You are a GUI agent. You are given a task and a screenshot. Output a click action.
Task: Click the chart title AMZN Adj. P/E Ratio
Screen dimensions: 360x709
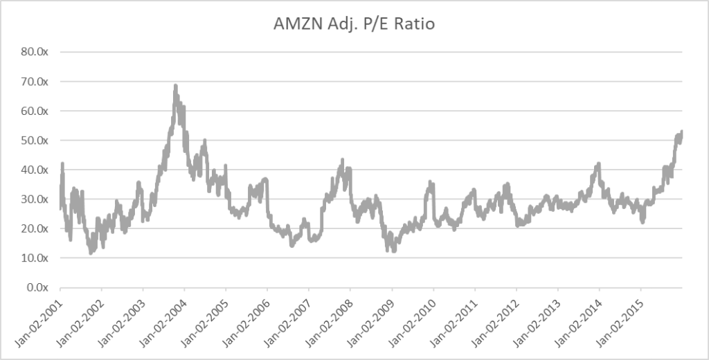pyautogui.click(x=354, y=24)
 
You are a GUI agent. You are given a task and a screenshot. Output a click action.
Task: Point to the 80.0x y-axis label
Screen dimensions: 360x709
pyautogui.click(x=33, y=52)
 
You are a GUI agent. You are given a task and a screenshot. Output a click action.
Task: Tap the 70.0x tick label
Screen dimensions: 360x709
pyautogui.click(x=33, y=82)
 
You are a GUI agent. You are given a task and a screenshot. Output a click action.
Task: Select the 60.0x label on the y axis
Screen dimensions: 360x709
pyautogui.click(x=33, y=111)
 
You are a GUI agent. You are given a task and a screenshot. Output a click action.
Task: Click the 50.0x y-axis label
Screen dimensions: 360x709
pyautogui.click(x=33, y=141)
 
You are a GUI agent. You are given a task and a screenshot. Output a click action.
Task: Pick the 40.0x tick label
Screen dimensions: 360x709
pyautogui.click(x=33, y=170)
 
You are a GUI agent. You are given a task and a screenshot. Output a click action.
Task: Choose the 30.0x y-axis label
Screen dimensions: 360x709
pyautogui.click(x=33, y=199)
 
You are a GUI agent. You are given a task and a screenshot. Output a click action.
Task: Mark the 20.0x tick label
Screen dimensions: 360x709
pyautogui.click(x=33, y=228)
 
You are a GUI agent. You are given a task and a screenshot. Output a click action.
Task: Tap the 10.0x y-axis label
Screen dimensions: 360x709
pyautogui.click(x=33, y=258)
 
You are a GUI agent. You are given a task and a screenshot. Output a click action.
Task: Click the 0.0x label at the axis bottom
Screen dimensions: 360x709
pyautogui.click(x=35, y=287)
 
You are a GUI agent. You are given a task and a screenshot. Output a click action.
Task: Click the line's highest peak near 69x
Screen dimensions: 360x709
pyautogui.click(x=175, y=86)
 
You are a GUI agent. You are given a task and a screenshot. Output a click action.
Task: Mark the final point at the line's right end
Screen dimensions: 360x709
pyautogui.click(x=682, y=132)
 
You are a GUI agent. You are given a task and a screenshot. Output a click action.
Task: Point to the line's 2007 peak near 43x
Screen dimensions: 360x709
pyautogui.click(x=341, y=161)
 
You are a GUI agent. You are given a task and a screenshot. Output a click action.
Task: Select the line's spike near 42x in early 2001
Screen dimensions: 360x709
pyautogui.click(x=62, y=164)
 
